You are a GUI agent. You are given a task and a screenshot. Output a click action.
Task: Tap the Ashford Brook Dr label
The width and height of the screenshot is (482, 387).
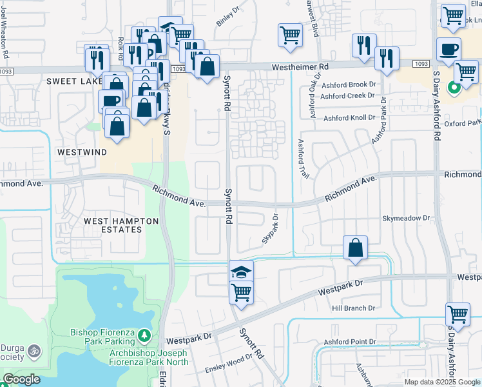pos(348,84)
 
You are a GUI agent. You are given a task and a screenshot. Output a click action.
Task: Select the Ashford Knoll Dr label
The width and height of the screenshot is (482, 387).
pos(349,118)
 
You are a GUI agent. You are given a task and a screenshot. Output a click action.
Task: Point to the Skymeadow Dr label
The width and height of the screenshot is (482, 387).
pos(406,219)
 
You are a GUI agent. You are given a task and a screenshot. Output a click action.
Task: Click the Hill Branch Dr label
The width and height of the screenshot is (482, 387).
pos(353,309)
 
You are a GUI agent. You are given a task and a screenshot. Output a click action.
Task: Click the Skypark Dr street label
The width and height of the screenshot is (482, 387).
pos(269,229)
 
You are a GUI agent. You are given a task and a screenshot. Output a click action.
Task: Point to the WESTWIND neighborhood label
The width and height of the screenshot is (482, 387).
pos(82,152)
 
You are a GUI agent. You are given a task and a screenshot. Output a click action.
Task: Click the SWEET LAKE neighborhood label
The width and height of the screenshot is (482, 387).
pos(75,81)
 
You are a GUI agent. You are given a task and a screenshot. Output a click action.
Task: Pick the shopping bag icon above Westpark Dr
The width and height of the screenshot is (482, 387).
pos(356,247)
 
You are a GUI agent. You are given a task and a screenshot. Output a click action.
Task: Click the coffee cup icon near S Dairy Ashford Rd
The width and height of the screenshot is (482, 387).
pos(448,48)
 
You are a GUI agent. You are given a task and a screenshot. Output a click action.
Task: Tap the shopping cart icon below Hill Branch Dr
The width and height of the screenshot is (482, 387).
pos(458,315)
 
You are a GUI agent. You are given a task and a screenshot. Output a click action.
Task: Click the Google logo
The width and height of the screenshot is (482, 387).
pos(21,379)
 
